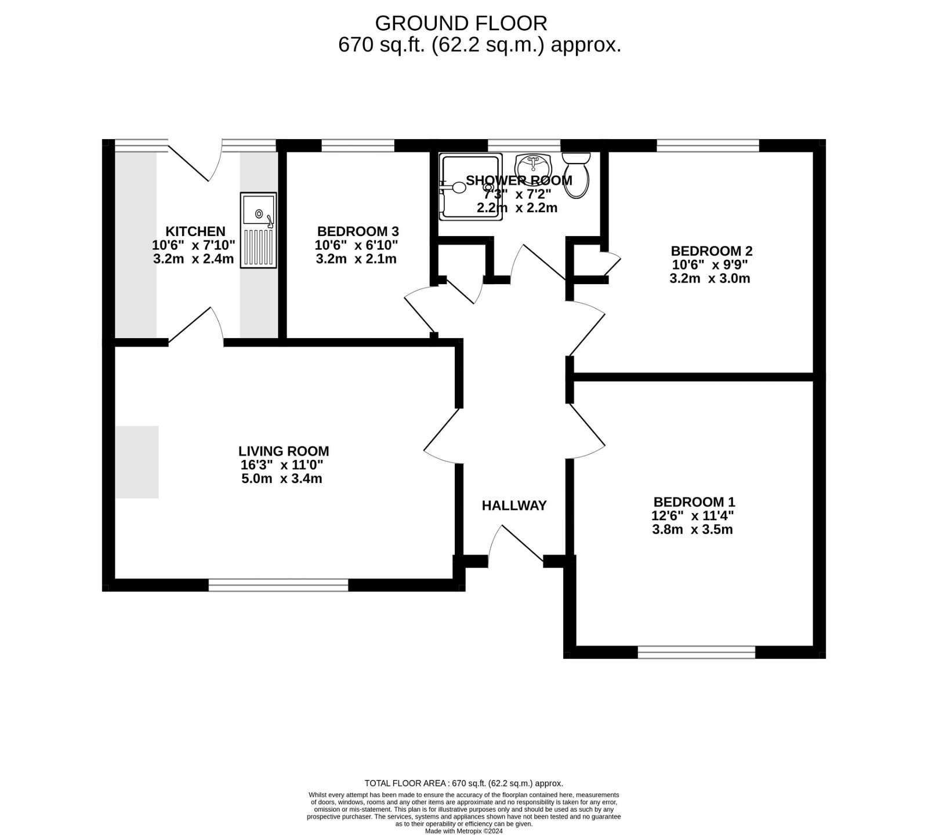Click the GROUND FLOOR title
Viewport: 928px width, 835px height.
(461, 23)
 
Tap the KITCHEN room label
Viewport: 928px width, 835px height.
(195, 231)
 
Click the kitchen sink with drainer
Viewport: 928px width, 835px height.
(258, 230)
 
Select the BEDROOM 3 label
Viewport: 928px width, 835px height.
(357, 231)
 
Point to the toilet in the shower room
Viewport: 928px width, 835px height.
(577, 174)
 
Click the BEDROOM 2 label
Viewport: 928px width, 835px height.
(711, 251)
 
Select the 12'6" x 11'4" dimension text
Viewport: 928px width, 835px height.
(693, 515)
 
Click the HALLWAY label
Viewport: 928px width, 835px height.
(514, 506)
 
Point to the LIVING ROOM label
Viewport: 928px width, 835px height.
(284, 451)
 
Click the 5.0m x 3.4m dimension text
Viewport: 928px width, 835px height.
(281, 479)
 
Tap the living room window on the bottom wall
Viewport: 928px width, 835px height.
(278, 585)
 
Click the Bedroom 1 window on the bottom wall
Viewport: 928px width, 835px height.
(697, 652)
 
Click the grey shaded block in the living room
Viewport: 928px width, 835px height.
(137, 462)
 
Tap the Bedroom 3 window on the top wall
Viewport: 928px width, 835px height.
(358, 145)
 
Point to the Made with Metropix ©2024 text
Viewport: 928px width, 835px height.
(463, 830)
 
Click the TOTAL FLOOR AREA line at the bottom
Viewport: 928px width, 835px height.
(463, 783)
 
